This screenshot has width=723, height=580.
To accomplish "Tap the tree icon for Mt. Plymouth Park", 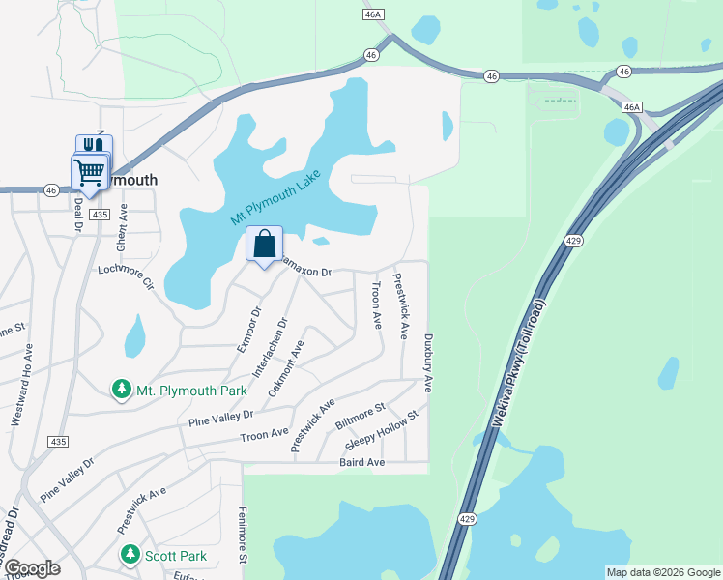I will pos(122,390).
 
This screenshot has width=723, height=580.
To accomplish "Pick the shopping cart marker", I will pos(89,174).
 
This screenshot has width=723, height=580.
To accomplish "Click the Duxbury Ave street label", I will pos(427,363).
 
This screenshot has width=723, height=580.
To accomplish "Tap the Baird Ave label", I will pos(362,463).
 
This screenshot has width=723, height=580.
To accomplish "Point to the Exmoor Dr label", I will pos(249,330).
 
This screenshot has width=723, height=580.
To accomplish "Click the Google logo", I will pos(33,568).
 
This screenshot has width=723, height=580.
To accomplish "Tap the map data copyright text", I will pos(662,572).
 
